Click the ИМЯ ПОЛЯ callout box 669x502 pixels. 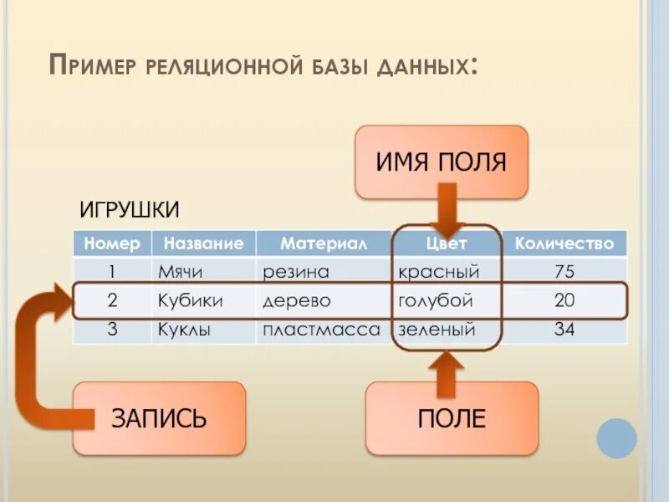pos(442,161)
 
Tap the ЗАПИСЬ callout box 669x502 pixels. pos(159,418)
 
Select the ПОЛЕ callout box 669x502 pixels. pos(452,418)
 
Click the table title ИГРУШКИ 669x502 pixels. pos(130,208)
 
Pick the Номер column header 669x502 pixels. pos(112,243)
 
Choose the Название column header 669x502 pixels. pos(203,243)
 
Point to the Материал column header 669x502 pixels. pos(323,243)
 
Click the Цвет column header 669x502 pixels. pos(447,243)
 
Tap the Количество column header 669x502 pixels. pos(564,243)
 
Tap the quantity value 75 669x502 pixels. pos(564,272)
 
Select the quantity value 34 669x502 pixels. pos(564,330)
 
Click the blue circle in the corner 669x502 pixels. pos(617,438)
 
